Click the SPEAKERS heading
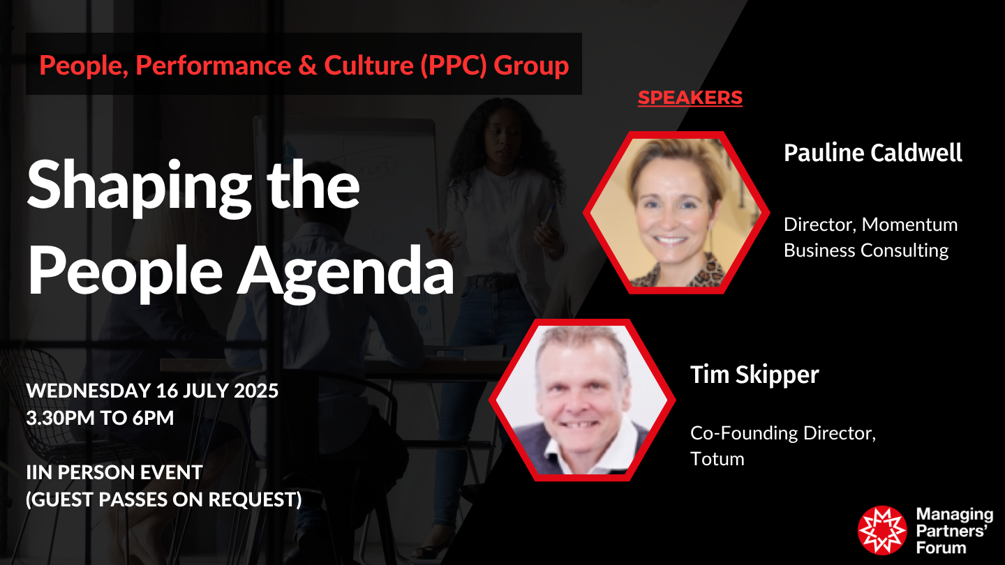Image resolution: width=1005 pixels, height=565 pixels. click(x=690, y=98)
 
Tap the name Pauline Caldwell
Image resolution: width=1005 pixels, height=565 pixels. click(x=872, y=153)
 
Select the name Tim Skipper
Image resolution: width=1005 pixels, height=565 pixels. click(x=754, y=375)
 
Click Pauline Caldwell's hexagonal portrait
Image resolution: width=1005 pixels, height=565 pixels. click(x=676, y=213)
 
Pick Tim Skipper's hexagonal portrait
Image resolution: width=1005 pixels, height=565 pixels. click(x=582, y=400)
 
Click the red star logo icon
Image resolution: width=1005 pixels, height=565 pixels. click(x=882, y=530)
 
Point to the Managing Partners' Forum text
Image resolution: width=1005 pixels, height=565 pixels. click(x=954, y=531)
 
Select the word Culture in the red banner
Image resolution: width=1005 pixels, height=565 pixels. click(x=368, y=66)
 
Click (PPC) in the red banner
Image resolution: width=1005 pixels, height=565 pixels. click(x=454, y=66)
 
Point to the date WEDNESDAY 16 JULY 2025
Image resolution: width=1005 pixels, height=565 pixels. click(x=153, y=391)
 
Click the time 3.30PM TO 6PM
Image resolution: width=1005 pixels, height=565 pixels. click(x=100, y=418)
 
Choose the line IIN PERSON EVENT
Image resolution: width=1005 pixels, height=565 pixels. click(x=114, y=473)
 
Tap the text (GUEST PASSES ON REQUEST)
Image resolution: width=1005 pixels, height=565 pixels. click(x=164, y=499)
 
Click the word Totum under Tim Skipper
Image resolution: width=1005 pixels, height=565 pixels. click(x=717, y=459)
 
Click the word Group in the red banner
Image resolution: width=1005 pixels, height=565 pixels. click(x=531, y=66)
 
